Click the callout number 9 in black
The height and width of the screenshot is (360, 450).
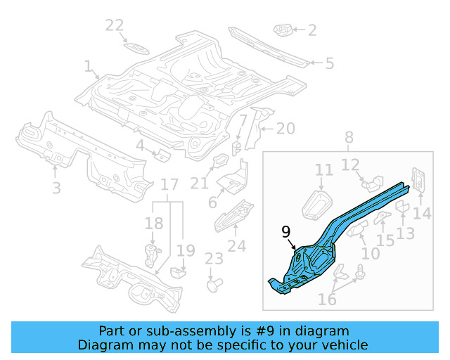[285, 231]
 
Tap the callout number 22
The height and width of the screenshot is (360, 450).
[115, 26]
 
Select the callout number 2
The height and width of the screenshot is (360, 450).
[312, 30]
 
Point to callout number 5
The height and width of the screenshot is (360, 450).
[329, 63]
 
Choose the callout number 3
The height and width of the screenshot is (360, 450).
[56, 188]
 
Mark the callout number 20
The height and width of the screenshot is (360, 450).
[285, 129]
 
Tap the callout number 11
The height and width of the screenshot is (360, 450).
[323, 169]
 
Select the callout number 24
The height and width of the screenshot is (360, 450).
[237, 246]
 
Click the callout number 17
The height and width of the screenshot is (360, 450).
[169, 185]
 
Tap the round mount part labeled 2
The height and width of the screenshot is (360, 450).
[283, 31]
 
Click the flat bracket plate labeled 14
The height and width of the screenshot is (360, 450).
[419, 180]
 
